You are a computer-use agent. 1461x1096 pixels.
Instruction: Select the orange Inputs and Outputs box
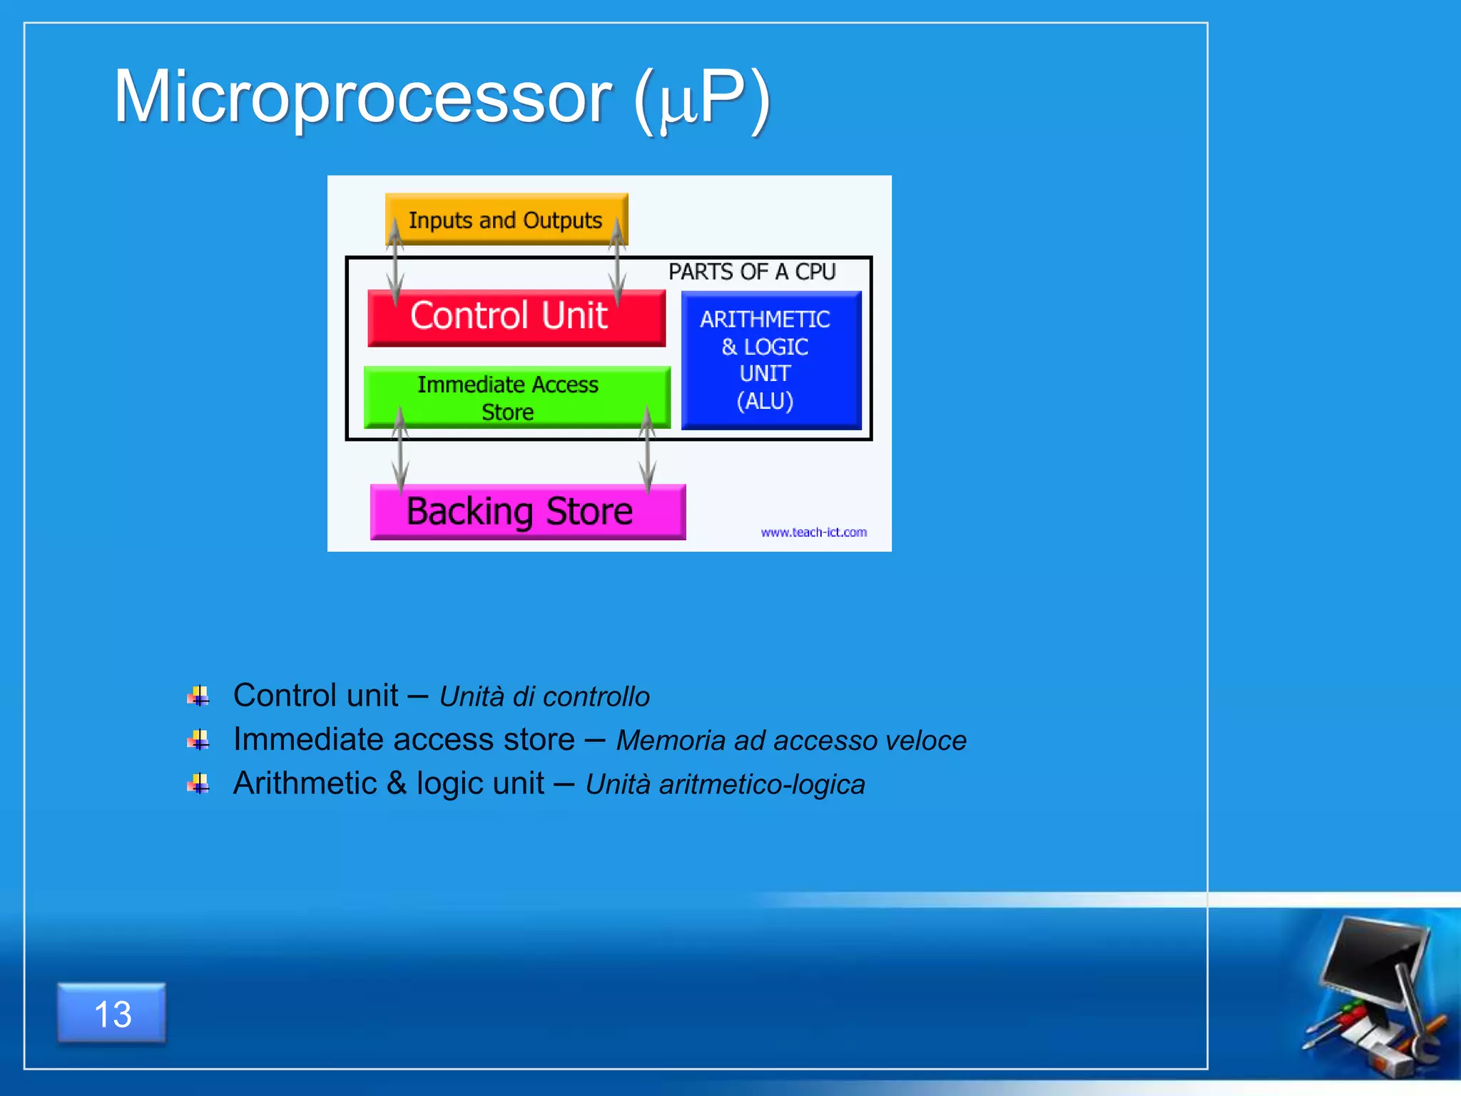pos(505,220)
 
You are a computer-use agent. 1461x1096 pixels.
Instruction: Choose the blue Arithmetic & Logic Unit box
pos(770,360)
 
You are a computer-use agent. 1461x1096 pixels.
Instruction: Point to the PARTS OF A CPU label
pos(751,272)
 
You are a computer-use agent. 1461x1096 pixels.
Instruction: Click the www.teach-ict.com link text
pos(813,532)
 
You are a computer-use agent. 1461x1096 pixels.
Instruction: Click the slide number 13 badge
pos(112,1013)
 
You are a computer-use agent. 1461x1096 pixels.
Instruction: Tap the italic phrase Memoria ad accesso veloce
pos(790,741)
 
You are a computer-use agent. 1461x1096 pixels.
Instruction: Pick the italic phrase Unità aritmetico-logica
pos(725,785)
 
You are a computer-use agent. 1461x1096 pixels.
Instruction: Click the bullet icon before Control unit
pos(198,696)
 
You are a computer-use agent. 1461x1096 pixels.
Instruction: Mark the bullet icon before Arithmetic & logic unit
pos(198,784)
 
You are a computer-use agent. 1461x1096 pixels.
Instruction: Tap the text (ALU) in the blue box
pos(765,401)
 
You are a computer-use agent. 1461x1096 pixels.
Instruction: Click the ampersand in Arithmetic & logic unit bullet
pos(397,783)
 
